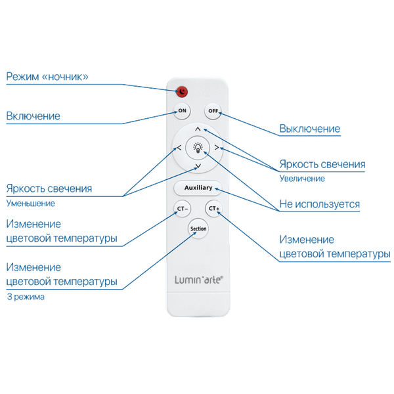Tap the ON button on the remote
tap(182, 111)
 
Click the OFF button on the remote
tap(213, 111)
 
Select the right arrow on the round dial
tap(216, 148)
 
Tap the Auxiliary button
tap(198, 188)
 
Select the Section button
tap(198, 229)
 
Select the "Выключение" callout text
tap(309, 128)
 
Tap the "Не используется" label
tap(319, 204)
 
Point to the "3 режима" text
tap(26, 296)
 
